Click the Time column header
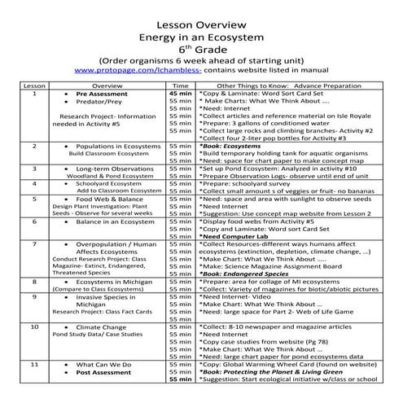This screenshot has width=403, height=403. (182, 85)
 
